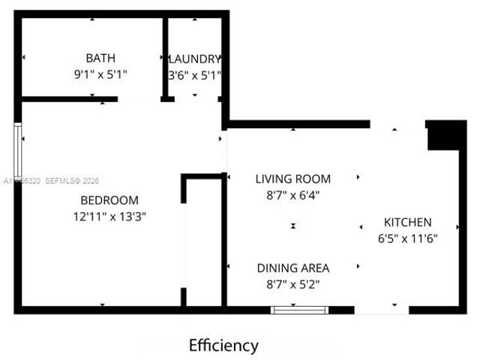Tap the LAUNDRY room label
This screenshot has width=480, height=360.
tap(194, 58)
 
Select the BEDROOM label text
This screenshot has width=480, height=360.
tap(109, 200)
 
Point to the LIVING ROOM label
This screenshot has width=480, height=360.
tap(292, 179)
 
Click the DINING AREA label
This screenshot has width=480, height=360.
tap(292, 268)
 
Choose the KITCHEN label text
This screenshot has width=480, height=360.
tap(407, 222)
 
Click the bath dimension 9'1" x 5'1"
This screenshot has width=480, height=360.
tap(100, 74)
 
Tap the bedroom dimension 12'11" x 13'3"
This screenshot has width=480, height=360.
tap(109, 217)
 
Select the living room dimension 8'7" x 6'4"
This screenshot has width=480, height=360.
tap(292, 195)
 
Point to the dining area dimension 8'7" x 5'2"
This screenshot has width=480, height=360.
tap(292, 284)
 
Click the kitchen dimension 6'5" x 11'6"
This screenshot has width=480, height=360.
tap(407, 238)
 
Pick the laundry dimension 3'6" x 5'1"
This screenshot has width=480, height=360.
tap(194, 74)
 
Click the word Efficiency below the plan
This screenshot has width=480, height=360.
tap(223, 346)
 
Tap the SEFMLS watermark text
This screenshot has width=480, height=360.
tap(72, 181)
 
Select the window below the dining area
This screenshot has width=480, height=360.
tap(300, 308)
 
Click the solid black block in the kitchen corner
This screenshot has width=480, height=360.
tap(446, 135)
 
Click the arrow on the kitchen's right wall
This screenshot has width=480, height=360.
tap(457, 224)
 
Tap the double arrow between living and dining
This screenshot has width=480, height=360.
tap(293, 226)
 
